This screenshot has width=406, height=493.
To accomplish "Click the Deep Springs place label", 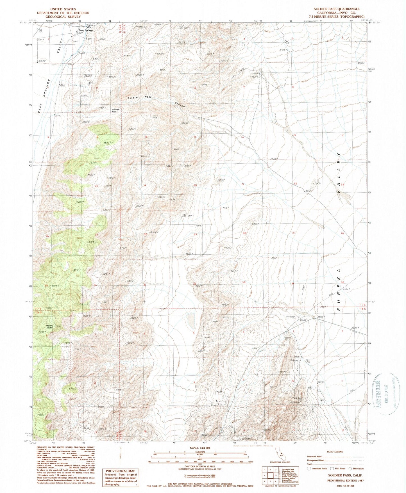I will tap(85, 30).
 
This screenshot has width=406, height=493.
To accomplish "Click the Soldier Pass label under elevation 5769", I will tap(115, 110).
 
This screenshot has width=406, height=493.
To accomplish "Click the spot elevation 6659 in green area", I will tap(107, 143).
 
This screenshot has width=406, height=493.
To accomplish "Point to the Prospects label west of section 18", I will tap(143, 156).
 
